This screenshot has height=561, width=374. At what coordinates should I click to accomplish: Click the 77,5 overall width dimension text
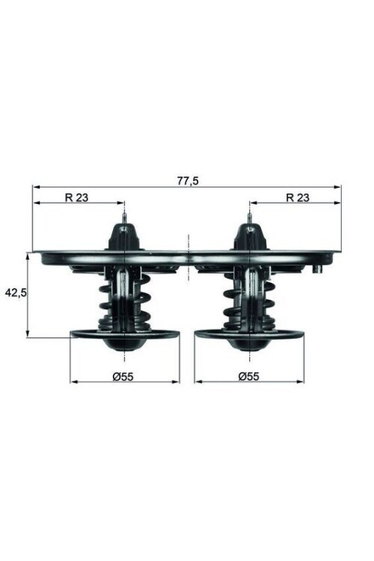click(x=188, y=180)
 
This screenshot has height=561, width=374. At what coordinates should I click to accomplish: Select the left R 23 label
click(x=76, y=197)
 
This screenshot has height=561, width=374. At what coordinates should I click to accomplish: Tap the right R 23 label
click(x=298, y=197)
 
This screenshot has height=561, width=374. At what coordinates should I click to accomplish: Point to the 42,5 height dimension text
click(x=16, y=293)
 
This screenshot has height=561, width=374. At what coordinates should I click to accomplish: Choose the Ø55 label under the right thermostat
click(x=248, y=376)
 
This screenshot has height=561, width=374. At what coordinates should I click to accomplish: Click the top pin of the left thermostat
click(x=124, y=218)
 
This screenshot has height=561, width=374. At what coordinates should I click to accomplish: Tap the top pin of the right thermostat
click(x=249, y=218)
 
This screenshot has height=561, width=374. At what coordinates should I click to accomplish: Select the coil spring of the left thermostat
click(x=124, y=303)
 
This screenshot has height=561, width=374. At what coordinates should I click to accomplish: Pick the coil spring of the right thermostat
click(x=249, y=303)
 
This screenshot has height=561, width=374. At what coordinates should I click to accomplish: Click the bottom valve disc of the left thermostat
click(x=124, y=335)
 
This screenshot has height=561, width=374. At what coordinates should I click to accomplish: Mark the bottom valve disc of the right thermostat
click(x=249, y=335)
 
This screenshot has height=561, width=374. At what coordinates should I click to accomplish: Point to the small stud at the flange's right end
click(x=317, y=268)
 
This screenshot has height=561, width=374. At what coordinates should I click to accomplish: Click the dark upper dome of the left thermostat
click(x=124, y=238)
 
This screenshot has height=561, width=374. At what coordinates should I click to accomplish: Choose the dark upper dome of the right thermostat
click(x=249, y=238)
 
